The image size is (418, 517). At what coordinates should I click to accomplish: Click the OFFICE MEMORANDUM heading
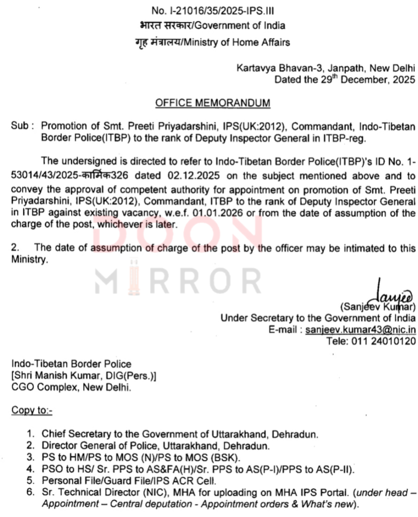coord(212,103)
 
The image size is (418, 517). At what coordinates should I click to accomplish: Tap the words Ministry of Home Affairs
coord(236,42)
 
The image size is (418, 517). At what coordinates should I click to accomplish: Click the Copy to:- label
coord(32,410)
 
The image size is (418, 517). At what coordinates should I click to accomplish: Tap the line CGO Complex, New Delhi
coord(71,387)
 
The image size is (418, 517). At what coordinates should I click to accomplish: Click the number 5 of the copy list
coord(31,480)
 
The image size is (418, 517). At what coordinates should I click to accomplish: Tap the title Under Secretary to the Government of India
coord(318,318)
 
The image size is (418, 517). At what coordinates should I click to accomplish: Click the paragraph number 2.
coord(15,248)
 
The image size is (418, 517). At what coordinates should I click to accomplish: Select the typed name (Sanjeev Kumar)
coord(377,306)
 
